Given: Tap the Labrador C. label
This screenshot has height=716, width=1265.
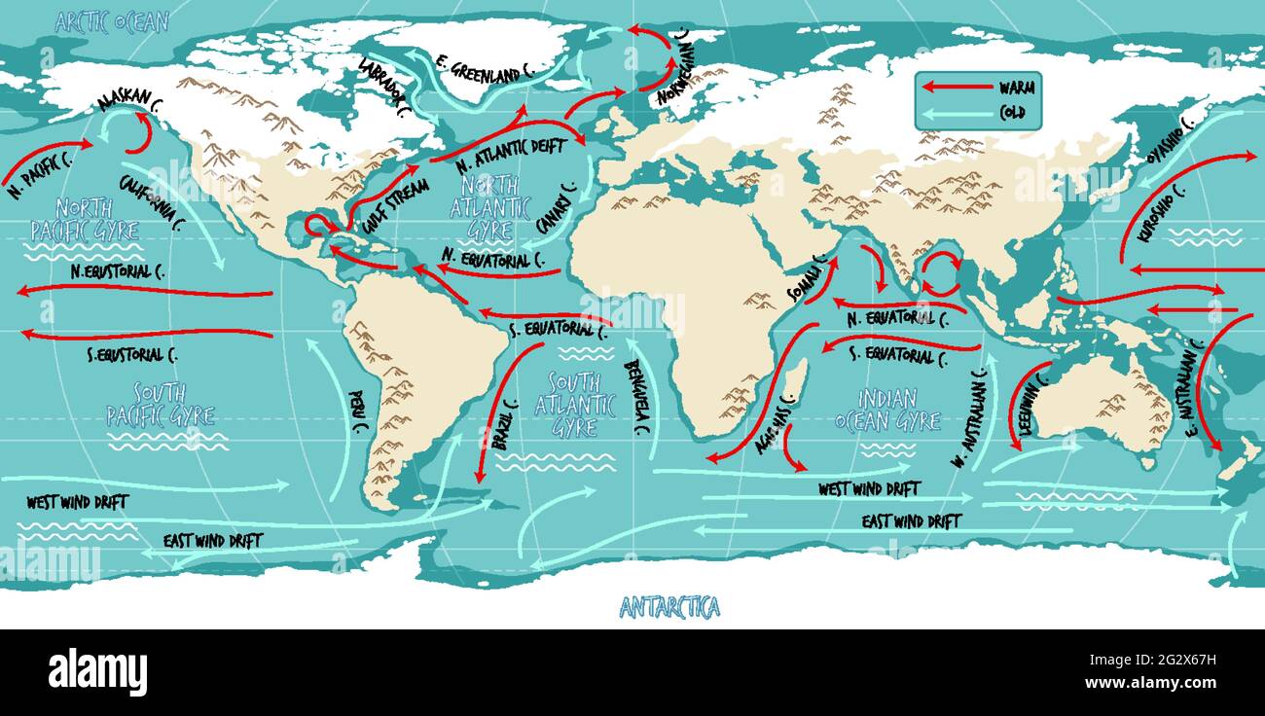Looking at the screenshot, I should pyautogui.click(x=383, y=88).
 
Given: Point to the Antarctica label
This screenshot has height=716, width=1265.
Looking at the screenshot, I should pyautogui.click(x=669, y=609).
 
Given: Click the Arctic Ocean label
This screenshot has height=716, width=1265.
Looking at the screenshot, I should pyautogui.click(x=111, y=21).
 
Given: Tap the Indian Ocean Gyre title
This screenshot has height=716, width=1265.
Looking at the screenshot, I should pyautogui.click(x=886, y=410).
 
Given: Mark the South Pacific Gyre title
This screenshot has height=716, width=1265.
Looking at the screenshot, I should pyautogui.click(x=160, y=405).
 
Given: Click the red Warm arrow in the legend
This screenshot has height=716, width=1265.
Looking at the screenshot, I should pyautogui.click(x=956, y=87).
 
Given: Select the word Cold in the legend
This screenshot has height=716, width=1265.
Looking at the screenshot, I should pyautogui.click(x=1011, y=114).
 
